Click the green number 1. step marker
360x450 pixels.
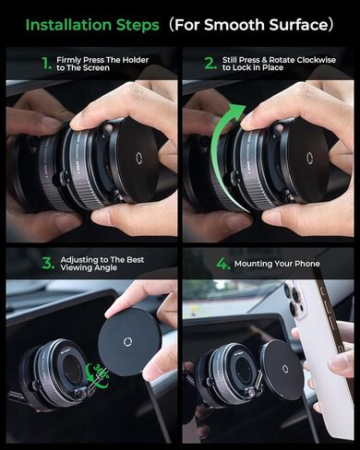[47, 64]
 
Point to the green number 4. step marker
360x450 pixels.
[222, 264]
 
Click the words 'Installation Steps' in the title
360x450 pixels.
[82, 24]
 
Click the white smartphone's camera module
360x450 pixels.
[294, 301]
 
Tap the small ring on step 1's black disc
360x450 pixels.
[138, 157]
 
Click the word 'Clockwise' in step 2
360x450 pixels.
[312, 57]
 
